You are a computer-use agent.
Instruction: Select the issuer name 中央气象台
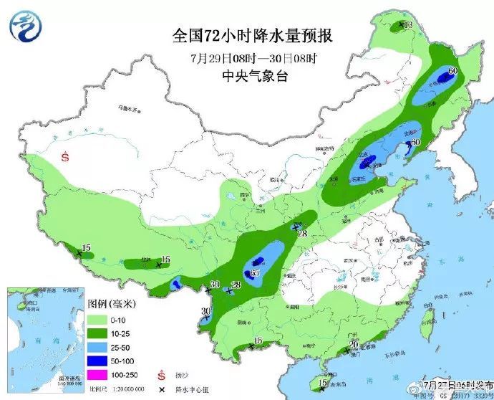pyautogui.click(x=255, y=75)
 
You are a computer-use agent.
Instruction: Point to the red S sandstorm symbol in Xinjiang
pyautogui.click(x=65, y=156)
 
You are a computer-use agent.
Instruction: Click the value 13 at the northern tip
pyautogui.click(x=409, y=26)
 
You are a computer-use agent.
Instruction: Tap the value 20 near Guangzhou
pyautogui.click(x=353, y=345)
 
